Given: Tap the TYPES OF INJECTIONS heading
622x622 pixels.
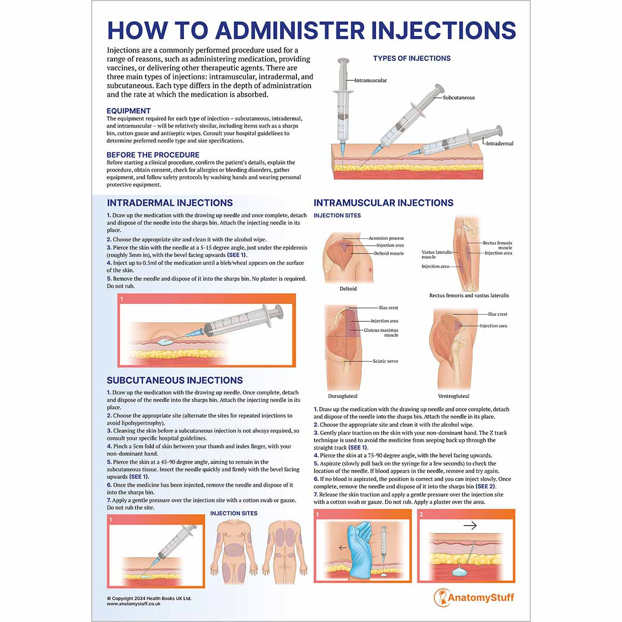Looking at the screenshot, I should (x=412, y=59).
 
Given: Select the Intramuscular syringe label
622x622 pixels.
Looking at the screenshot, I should (x=371, y=80).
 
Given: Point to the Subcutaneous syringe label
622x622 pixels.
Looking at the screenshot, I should (x=459, y=97).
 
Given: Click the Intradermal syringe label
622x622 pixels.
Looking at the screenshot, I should (x=500, y=144).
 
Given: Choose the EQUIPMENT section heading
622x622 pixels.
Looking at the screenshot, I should (x=129, y=111).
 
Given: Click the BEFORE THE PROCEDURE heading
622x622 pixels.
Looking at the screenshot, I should (x=153, y=155).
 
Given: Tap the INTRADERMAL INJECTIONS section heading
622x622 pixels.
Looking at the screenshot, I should (x=169, y=203).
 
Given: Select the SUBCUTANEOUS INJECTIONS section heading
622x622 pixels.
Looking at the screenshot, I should (x=175, y=380).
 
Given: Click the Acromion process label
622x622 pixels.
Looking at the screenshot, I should (x=386, y=238).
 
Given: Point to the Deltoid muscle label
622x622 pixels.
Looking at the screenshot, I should (x=389, y=253).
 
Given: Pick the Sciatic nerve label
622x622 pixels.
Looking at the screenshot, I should (x=386, y=361).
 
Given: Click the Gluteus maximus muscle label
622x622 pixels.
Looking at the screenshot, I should (x=381, y=333).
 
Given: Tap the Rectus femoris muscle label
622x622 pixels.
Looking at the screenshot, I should (x=498, y=245).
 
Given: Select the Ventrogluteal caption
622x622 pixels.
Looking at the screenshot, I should (x=454, y=396).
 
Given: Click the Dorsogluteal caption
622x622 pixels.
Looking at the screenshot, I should (x=343, y=396).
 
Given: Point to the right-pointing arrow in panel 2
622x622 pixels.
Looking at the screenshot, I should (x=470, y=526).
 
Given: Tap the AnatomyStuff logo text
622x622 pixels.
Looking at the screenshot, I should (x=480, y=598).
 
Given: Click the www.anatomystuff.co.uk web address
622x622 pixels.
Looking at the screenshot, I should (x=134, y=604).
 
